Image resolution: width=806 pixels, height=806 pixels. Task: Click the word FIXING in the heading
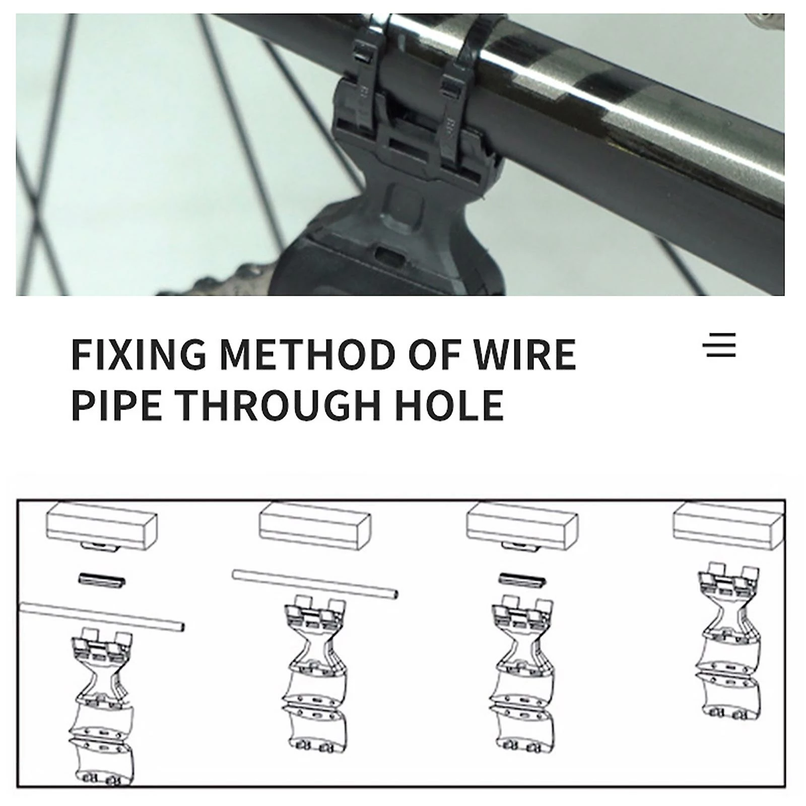click(139, 354)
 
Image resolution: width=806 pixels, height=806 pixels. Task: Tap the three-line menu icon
click(719, 345)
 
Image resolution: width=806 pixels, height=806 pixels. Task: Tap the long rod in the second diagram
click(315, 584)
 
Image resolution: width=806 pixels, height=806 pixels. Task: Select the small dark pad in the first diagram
click(102, 580)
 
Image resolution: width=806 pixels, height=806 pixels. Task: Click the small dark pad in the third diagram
click(522, 580)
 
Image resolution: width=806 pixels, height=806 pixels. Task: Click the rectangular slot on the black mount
click(390, 254)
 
